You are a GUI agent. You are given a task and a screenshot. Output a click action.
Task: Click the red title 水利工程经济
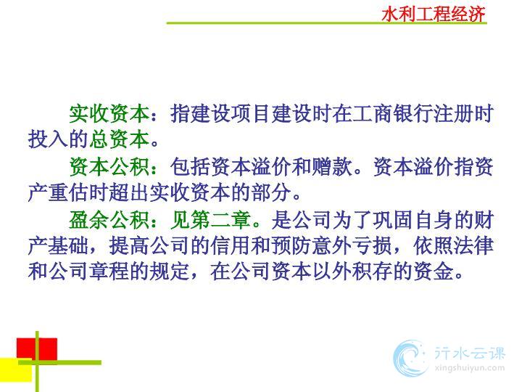pos(433,15)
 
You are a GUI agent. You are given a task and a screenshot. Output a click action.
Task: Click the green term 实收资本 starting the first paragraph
pos(109,114)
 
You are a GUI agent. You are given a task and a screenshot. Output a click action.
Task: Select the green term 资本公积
pos(109,167)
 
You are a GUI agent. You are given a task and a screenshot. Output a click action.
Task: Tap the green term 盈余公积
pos(109,220)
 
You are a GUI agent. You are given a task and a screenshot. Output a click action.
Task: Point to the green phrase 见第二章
pos(210,220)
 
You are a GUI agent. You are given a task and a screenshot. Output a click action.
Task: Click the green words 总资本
pos(119,139)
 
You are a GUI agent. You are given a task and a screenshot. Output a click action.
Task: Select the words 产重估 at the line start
pos(58,192)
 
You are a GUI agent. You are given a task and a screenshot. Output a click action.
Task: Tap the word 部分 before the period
pos(271,192)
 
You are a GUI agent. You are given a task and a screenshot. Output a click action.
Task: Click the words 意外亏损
pos(352,246)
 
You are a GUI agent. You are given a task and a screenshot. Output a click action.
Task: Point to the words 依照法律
pos(453,246)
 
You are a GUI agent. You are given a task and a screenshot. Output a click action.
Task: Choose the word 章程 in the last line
pos(109,271)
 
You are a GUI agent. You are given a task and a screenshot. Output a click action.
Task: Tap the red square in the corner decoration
pos(37,349)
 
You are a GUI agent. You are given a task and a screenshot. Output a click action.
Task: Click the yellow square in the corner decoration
pos(16,370)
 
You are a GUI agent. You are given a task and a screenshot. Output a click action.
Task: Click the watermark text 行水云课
pos(470,353)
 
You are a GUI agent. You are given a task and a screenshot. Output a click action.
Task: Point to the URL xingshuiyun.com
pos(470,368)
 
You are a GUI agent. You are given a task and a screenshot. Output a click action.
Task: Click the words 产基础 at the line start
pos(58,246)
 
